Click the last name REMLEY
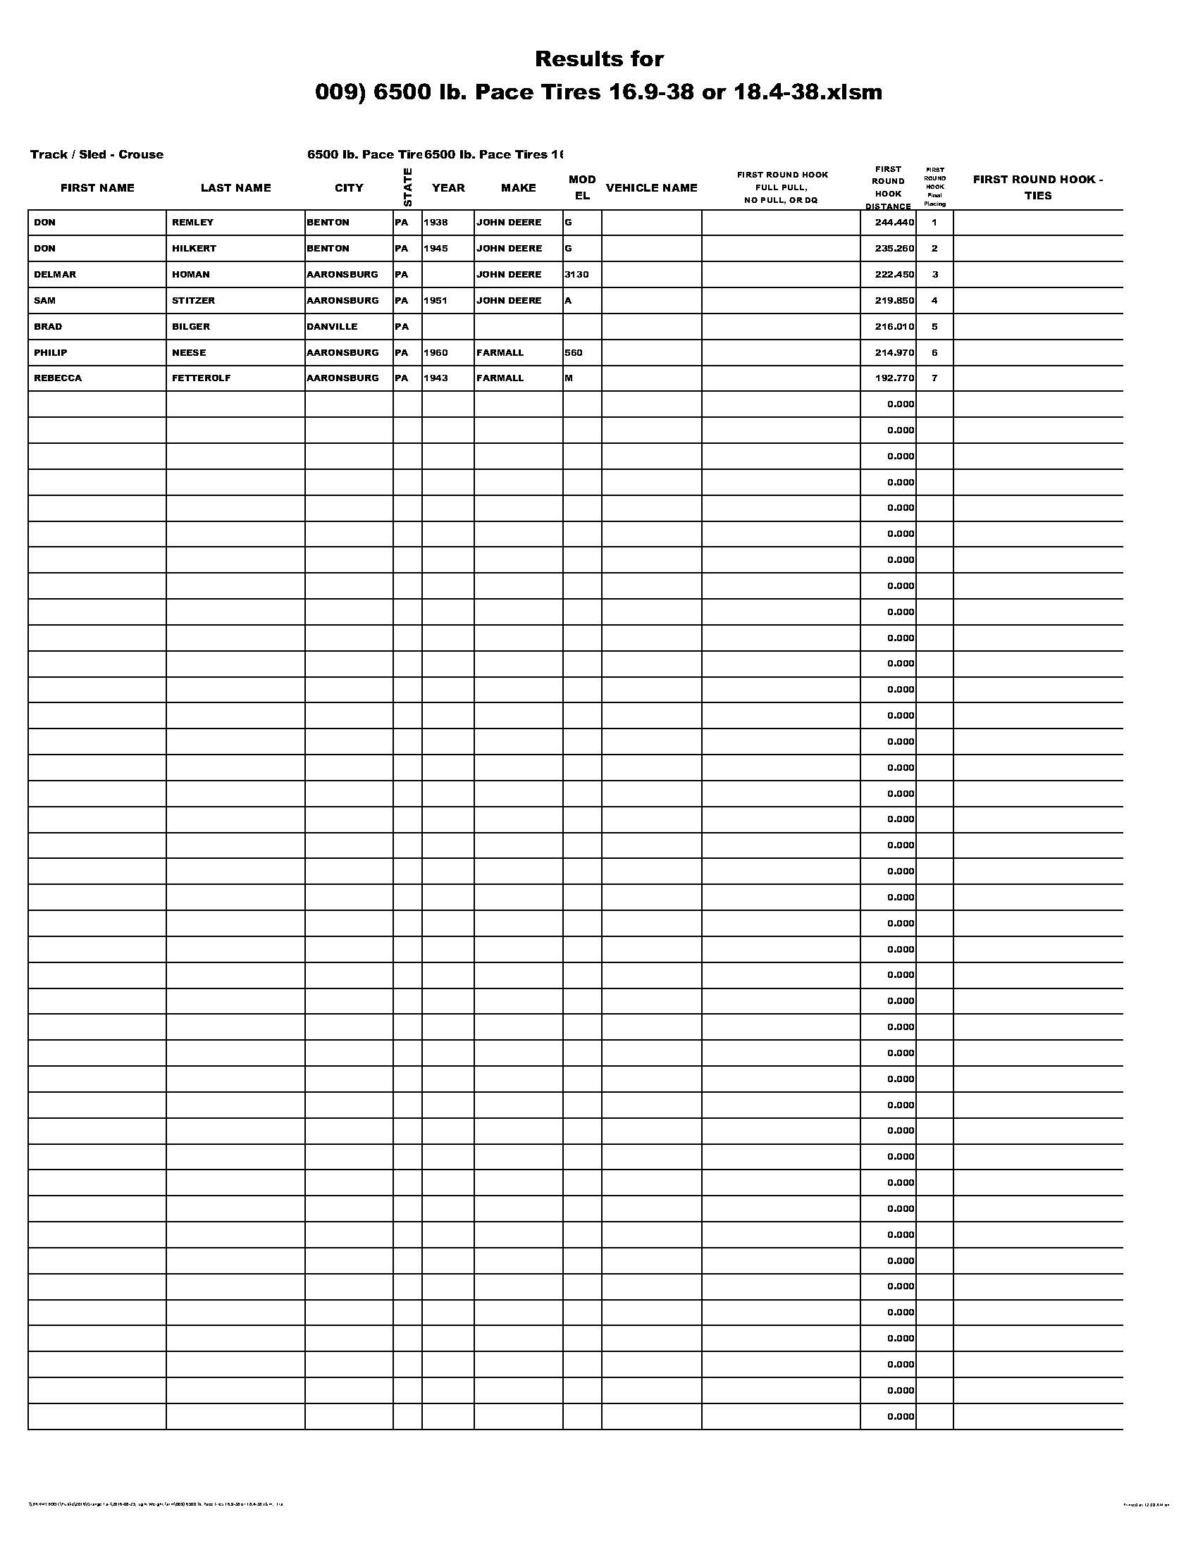coord(192,222)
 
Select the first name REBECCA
coord(58,378)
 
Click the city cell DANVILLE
coord(331,326)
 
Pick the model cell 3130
coord(576,275)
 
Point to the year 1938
coord(436,222)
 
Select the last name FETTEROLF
coord(201,378)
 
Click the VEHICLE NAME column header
coord(651,188)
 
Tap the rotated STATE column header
coord(407,187)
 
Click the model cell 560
coord(574,353)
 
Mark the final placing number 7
coord(934,378)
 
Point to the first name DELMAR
coord(55,275)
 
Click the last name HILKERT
coord(194,249)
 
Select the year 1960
coord(436,353)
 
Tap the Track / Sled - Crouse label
coord(97,155)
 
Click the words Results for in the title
coord(599,59)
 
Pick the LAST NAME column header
coord(235,188)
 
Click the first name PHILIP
coord(51,353)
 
